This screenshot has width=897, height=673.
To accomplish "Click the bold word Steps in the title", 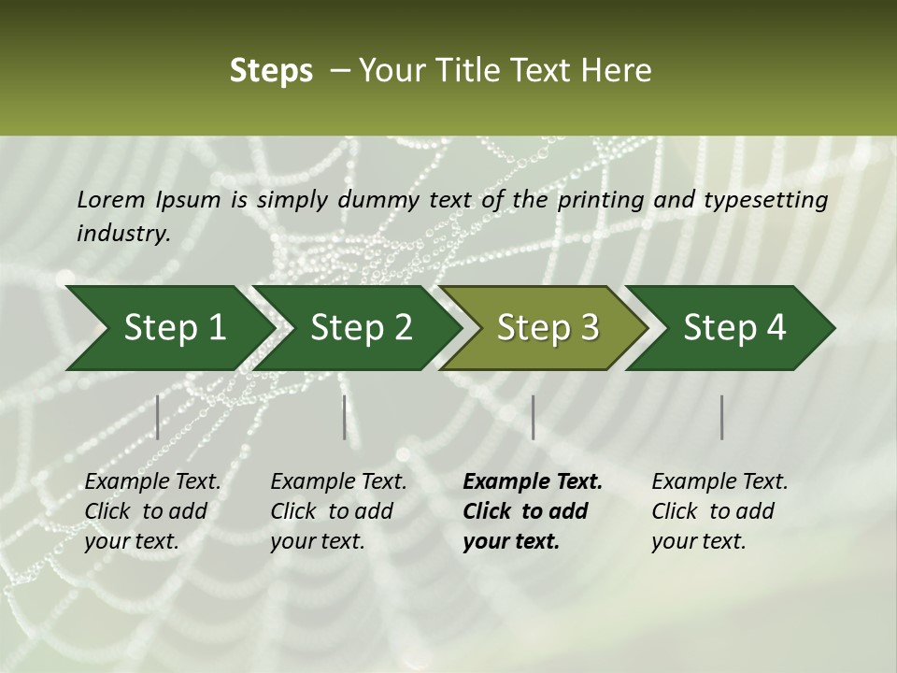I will click(271, 71).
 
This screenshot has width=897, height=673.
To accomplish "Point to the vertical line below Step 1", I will click(158, 417).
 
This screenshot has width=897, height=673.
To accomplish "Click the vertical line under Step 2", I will click(345, 417).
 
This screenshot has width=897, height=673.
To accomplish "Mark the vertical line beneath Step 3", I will click(533, 417).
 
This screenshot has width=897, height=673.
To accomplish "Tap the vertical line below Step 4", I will click(722, 417).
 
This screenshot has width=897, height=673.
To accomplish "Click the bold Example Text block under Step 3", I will click(533, 511).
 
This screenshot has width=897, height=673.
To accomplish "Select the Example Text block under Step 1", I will click(152, 511).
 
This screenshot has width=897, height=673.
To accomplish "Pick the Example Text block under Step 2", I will click(338, 511).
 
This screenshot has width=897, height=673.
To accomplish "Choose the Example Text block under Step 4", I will click(719, 511).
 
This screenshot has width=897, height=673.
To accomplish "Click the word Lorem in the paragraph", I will click(111, 199).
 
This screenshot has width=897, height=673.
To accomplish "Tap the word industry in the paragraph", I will click(123, 233).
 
